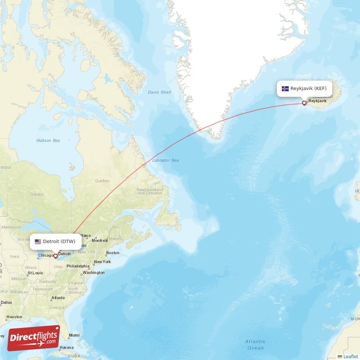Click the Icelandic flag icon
[285, 89]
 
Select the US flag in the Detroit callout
[38, 241]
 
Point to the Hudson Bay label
[48, 140]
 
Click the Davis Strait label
[159, 92]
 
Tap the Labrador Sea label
[165, 160]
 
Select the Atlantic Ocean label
[255, 345]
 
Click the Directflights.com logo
[34, 338]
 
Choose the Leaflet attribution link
[350, 356]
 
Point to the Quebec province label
[102, 181]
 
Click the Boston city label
[112, 253]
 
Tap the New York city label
[102, 262]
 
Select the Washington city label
[94, 273]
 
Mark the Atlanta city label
[58, 298]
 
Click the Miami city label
[74, 335]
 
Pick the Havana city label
[66, 347]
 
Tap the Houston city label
[14, 317]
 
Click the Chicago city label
[45, 256]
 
